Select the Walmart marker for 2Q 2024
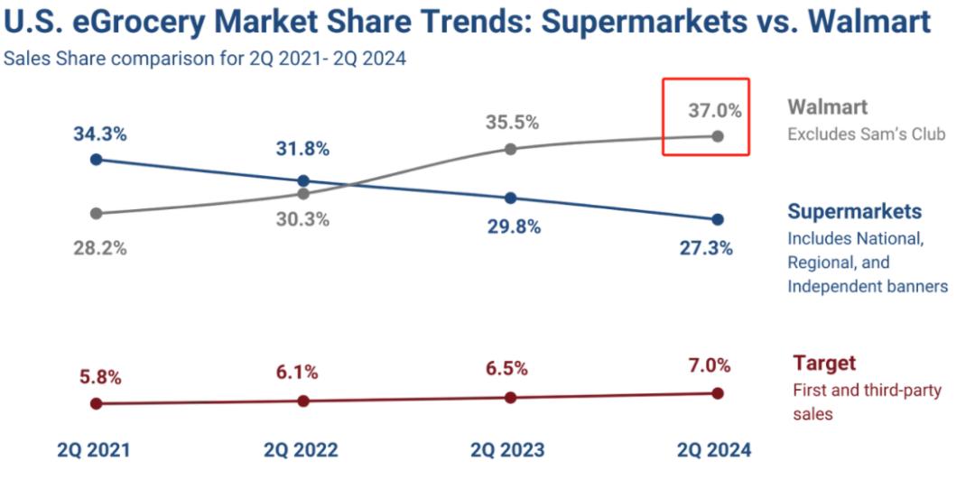[x=718, y=136]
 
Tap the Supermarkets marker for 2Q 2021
[x=96, y=160]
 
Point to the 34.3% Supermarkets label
[x=100, y=134]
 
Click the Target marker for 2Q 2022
[x=303, y=401]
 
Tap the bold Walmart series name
[x=827, y=107]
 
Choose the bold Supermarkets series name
[x=854, y=211]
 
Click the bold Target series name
[x=823, y=364]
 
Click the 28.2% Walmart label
[x=100, y=248]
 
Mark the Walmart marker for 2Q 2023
[x=510, y=148]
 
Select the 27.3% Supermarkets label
[x=706, y=248]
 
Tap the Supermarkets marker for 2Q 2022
[x=303, y=180]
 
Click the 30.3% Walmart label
[x=303, y=219]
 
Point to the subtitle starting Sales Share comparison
[x=205, y=60]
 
